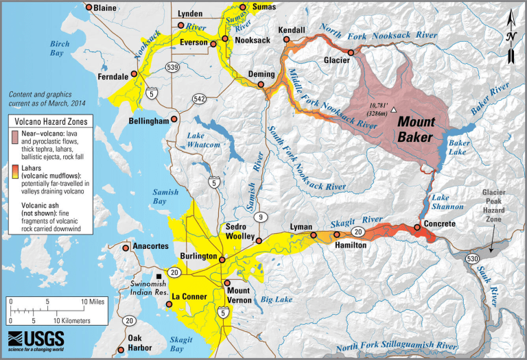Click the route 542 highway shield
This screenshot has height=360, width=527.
(199, 99)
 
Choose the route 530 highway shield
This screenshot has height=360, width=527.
(467, 259)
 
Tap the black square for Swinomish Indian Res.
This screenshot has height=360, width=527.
(159, 272)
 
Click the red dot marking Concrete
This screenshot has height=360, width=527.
(417, 228)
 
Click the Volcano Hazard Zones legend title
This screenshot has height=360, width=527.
(51, 121)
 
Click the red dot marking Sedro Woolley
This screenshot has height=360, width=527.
(259, 239)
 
